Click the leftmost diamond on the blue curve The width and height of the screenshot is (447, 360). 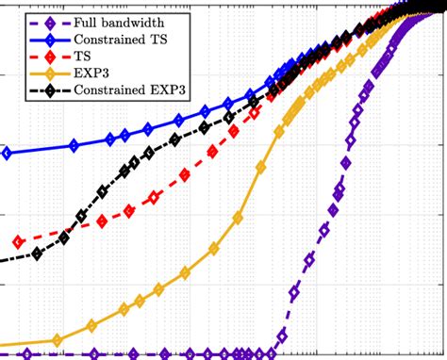tap(8, 153)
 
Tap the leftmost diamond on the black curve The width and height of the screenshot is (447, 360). tap(37, 254)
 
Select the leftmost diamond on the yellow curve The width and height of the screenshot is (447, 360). tap(57, 340)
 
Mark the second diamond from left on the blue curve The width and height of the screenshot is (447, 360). tap(75, 145)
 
